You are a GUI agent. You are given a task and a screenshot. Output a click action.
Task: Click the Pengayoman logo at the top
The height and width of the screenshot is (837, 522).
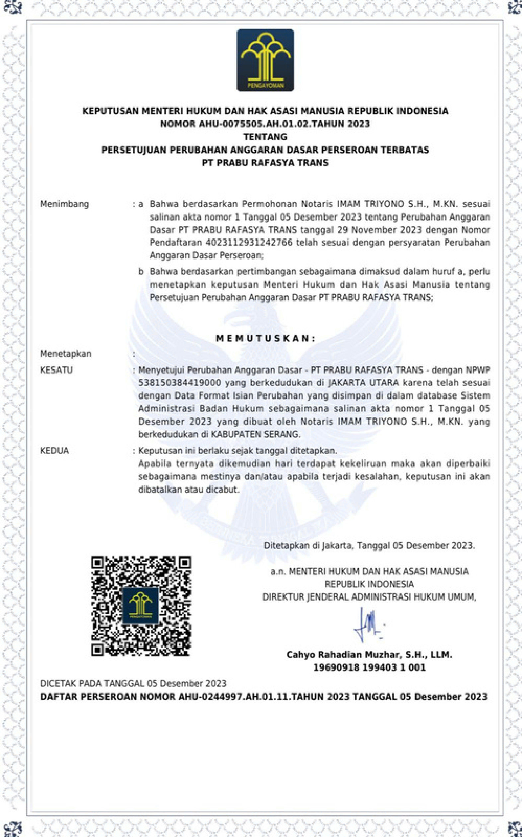click(265, 60)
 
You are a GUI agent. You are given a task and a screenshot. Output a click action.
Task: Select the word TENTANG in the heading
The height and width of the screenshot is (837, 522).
click(265, 137)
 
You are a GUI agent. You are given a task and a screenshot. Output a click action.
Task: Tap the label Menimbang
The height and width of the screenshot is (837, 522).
click(64, 204)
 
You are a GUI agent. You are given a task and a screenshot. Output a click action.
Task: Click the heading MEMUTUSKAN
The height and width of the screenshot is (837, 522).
click(265, 338)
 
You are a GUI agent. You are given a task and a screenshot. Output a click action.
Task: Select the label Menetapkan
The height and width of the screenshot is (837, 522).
click(66, 354)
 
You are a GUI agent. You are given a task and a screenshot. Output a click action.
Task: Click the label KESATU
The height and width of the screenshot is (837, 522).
click(57, 370)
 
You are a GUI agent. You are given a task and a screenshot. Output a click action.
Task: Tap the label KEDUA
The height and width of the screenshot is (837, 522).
click(54, 451)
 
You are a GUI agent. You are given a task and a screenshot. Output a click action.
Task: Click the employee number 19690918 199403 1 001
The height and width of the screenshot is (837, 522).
click(369, 667)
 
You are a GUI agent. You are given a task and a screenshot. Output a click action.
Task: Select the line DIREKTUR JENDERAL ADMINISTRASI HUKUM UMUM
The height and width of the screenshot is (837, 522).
click(369, 597)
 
